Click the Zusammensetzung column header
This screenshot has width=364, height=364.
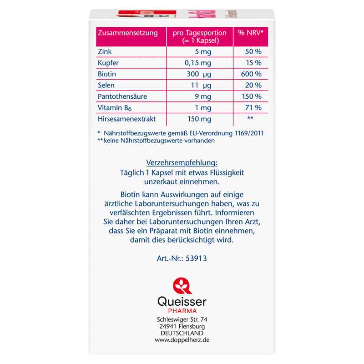pos(128,33)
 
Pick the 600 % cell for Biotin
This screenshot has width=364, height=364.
pos(252,74)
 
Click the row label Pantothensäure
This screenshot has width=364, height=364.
pos(122,96)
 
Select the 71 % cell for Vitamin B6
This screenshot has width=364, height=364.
pos(253,108)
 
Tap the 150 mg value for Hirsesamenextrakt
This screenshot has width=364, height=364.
pos(198,119)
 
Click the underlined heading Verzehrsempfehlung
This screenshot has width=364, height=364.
pos(181,163)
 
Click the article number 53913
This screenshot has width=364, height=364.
pos(196,258)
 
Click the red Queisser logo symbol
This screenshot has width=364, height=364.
pos(182,286)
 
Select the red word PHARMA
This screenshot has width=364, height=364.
pos(182,310)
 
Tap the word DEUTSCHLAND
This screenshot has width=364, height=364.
pos(182,333)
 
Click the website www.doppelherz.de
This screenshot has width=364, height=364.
pos(182,340)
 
